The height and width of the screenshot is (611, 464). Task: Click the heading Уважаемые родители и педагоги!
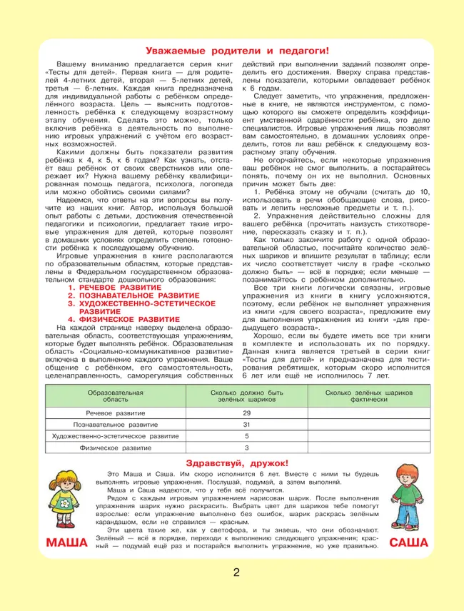[237, 51]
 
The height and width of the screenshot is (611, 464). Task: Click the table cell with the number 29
[247, 413]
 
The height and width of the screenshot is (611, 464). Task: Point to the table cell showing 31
[247, 424]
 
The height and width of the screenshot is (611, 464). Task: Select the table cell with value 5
[247, 435]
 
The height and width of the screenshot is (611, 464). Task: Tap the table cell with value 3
[247, 448]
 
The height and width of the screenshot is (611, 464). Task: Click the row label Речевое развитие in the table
[116, 413]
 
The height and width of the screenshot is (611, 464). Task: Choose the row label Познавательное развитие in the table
[116, 424]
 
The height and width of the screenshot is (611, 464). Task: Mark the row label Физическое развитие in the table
[116, 448]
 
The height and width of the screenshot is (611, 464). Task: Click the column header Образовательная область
[116, 397]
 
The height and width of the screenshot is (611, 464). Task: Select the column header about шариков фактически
[369, 397]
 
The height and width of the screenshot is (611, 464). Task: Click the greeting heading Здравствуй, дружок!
[236, 463]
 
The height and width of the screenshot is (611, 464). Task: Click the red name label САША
[409, 543]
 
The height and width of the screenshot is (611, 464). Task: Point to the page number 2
[236, 573]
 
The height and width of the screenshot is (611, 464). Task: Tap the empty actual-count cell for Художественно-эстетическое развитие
[369, 435]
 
